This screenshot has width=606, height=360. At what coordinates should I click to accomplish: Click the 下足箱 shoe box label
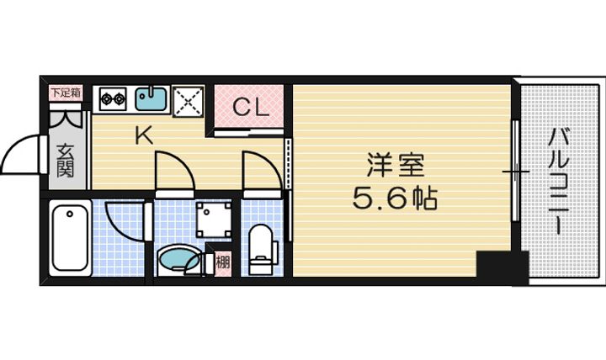click(x=66, y=93)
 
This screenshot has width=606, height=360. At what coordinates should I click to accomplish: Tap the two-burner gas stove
click(x=114, y=99)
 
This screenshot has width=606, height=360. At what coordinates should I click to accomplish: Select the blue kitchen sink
click(x=151, y=98)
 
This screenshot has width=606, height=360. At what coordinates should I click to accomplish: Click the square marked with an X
click(x=189, y=102)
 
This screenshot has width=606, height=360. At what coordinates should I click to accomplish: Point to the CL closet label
click(x=251, y=107)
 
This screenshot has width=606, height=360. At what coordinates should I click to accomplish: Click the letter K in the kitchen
click(x=144, y=135)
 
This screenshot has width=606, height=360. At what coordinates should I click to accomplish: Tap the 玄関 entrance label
click(x=66, y=161)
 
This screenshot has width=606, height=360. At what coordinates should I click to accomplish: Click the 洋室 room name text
click(x=395, y=166)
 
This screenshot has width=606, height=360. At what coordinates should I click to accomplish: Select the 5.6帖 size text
click(x=395, y=199)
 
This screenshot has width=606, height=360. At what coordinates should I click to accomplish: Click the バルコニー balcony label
click(x=559, y=182)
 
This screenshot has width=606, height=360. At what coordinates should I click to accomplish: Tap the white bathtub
click(x=70, y=237)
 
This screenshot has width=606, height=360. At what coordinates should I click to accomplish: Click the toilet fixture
click(x=263, y=250)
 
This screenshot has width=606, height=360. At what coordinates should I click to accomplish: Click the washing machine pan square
click(x=213, y=220)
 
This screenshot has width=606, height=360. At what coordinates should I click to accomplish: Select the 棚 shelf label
click(x=222, y=262)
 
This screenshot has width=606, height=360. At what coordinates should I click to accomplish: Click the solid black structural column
click(x=502, y=268)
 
